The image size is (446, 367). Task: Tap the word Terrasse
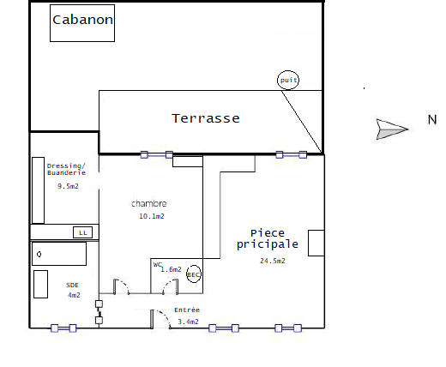206,118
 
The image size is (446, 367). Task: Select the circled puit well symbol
288,80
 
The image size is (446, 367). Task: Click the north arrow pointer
392,129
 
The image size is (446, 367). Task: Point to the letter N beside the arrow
432,119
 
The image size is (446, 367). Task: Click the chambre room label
149,203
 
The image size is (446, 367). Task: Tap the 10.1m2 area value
152,216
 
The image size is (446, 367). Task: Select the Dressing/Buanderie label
66,169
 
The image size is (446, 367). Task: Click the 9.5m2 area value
68,186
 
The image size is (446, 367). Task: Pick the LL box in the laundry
83,232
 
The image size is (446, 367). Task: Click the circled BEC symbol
194,274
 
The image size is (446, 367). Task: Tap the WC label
158,265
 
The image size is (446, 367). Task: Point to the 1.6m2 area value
171,269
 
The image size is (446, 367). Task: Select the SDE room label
72,285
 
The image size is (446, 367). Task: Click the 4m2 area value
74,295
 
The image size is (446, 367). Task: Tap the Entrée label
187,310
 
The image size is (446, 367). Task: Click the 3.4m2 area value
188,322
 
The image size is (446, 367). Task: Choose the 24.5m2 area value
273,261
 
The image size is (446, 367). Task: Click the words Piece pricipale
268,239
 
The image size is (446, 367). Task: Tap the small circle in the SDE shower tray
39,254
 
